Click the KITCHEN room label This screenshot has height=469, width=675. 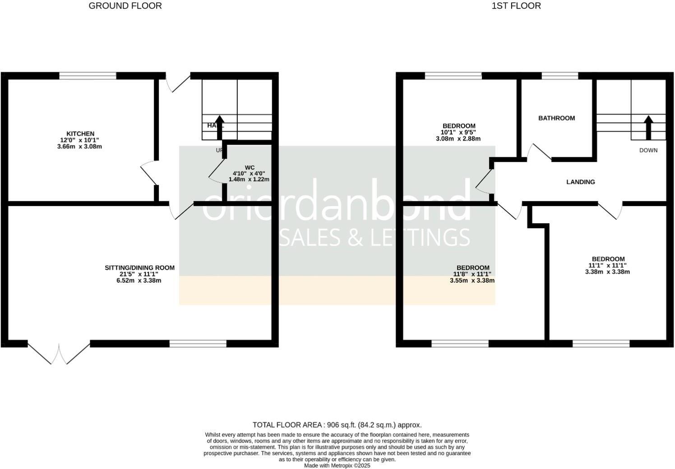80,133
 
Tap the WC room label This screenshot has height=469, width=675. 250,167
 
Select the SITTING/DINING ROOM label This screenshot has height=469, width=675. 139,267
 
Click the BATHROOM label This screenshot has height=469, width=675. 556,118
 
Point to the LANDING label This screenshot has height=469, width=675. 580,182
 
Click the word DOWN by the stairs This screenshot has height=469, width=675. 648,150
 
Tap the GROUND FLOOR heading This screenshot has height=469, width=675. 125,6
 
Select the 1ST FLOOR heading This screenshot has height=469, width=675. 516,6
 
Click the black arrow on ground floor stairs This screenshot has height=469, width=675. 220,128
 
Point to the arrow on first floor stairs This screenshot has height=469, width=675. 648,128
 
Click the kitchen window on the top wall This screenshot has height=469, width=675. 88,76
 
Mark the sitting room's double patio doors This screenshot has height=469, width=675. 59,353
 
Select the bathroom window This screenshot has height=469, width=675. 559,76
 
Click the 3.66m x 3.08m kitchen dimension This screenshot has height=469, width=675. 80,147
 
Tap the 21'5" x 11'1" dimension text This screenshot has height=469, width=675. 139,274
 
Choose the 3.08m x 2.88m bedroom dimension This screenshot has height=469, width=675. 458,139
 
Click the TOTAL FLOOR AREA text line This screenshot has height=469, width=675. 337,425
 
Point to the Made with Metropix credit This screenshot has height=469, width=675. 337,465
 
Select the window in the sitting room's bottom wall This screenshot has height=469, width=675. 198,344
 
